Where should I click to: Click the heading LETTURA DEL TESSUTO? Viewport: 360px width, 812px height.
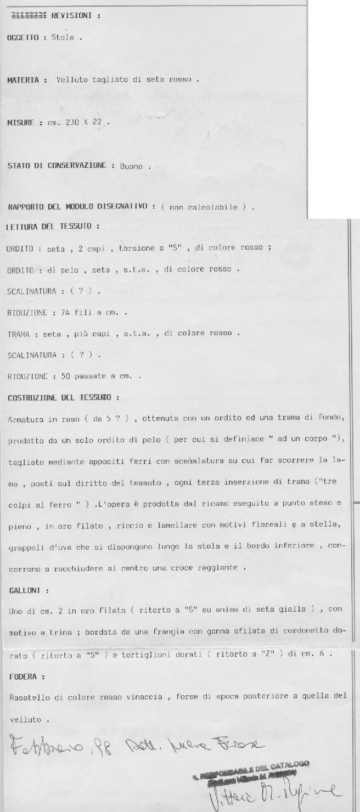[52, 227]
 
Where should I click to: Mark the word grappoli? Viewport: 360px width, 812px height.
[26, 547]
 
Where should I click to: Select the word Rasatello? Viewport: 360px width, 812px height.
[28, 697]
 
